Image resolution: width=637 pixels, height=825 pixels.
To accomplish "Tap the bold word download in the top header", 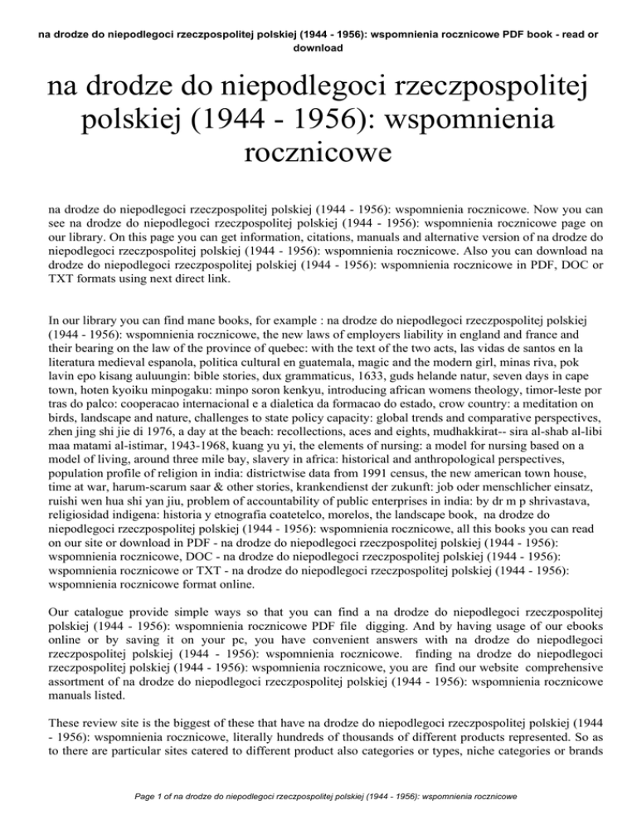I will (x=318, y=47).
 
